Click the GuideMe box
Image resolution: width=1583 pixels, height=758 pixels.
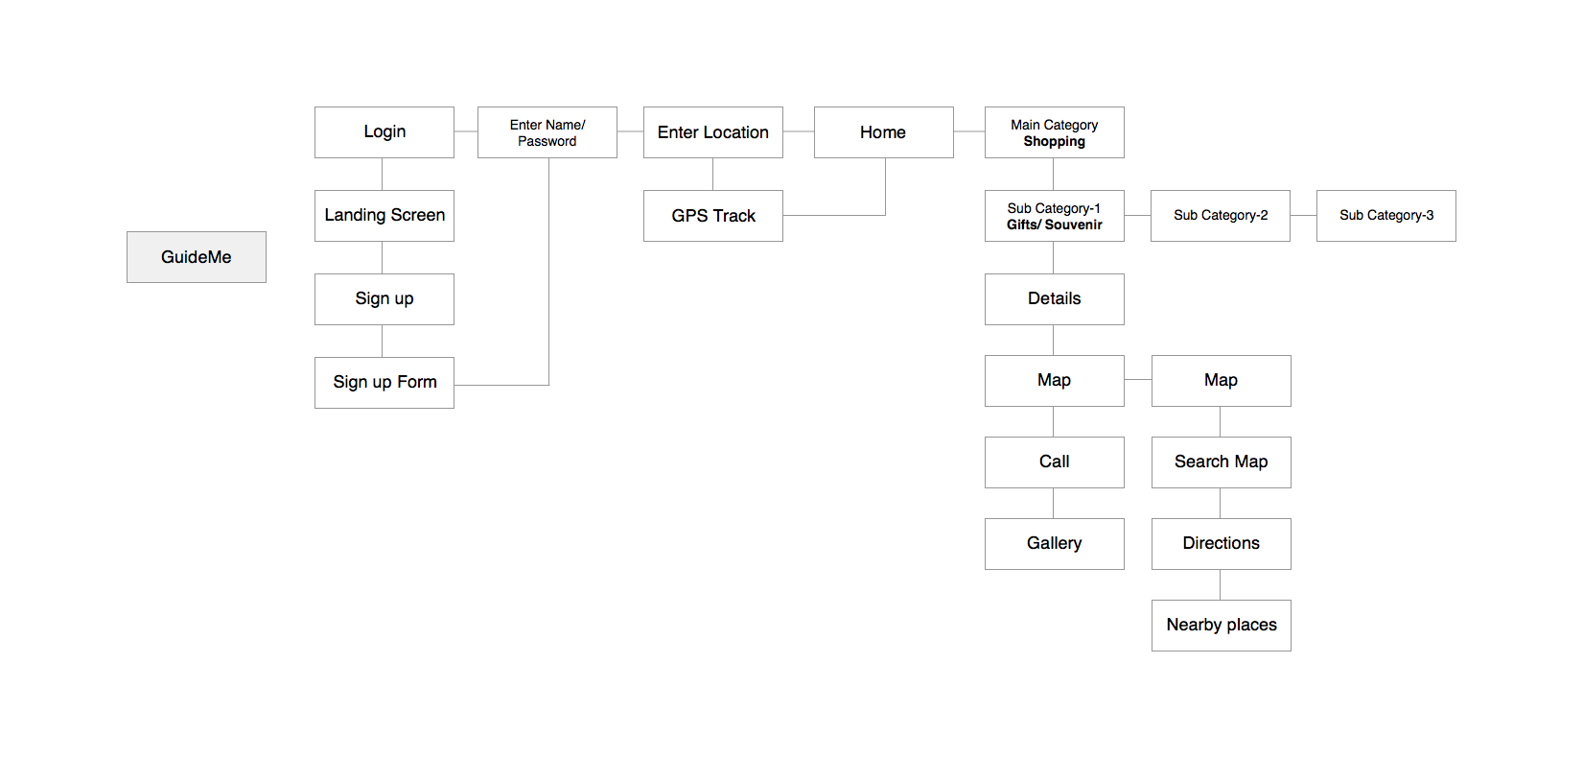coord(197,257)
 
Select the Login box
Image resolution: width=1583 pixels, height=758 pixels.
coord(384,132)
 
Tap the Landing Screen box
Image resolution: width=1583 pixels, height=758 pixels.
coord(384,216)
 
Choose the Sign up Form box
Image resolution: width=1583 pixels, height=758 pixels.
coord(384,383)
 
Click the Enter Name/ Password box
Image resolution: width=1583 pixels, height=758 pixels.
coord(547,132)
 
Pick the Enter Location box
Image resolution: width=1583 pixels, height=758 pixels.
coord(713,132)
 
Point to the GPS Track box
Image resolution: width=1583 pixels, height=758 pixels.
coord(713,216)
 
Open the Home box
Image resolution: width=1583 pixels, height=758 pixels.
coord(883,132)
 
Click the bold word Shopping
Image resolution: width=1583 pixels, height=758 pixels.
coord(1055,142)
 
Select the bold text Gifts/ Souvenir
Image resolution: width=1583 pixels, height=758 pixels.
coord(1055,225)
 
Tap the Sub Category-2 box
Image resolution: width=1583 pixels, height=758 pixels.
coord(1221,216)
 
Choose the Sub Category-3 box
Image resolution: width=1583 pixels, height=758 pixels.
coord(1386,216)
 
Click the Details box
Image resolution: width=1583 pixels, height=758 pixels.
coord(1055,299)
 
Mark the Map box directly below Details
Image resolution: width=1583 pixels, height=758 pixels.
coord(1055,381)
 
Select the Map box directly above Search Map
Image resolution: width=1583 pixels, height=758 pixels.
coord(1221,381)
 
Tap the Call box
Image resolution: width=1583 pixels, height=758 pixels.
coord(1055,462)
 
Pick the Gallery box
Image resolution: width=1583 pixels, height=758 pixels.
coord(1055,544)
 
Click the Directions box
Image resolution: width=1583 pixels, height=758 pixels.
coord(1221,544)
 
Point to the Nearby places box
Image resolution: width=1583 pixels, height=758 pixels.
coord(1221,626)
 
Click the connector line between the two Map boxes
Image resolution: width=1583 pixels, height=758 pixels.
coord(1138,380)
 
